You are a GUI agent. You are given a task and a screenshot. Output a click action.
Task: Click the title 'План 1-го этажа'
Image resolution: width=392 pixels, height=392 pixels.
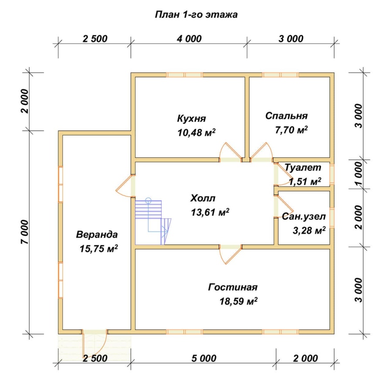tap(196, 15)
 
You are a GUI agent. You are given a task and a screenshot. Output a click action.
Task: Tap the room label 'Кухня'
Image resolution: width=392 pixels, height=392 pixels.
tap(192, 118)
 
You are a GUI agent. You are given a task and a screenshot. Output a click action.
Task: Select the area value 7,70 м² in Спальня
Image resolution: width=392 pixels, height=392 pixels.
tap(291, 130)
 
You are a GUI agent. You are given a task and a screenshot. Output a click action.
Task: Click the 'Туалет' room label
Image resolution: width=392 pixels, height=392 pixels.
tap(303, 168)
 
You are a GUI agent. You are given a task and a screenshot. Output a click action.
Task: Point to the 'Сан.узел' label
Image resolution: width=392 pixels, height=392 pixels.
tap(304, 216)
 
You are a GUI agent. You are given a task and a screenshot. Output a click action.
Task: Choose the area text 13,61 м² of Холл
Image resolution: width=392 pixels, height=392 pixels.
tap(210, 212)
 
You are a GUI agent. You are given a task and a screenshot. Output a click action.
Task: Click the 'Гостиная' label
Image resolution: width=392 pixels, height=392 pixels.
tap(233, 287)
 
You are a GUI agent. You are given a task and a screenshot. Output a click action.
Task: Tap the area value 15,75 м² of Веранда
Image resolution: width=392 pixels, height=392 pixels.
tap(99, 249)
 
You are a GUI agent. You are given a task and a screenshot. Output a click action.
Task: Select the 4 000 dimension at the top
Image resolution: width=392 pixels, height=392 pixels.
tap(189, 39)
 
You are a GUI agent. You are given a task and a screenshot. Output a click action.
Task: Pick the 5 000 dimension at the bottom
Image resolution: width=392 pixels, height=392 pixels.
tap(204, 358)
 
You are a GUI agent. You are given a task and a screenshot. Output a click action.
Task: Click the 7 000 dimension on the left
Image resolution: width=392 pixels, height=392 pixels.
tap(25, 232)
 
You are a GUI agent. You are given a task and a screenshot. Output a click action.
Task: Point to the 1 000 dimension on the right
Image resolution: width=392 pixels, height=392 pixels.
tap(358, 174)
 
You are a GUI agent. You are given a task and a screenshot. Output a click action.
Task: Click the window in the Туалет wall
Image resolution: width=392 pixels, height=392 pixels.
tap(332, 173)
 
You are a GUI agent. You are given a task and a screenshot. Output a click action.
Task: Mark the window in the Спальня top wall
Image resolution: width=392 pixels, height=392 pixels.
tap(280, 75)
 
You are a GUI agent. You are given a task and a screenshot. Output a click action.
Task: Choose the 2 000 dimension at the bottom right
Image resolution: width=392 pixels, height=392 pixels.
tap(305, 358)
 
